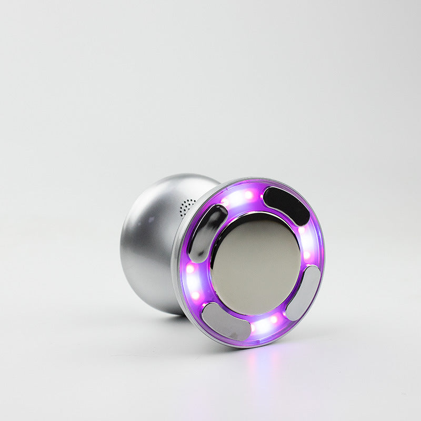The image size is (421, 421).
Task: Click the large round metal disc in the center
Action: pos(256,265)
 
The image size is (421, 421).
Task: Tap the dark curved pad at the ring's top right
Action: pos(286,205)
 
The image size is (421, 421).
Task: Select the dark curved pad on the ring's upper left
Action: pos(208,233)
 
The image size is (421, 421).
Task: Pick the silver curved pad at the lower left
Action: pos(226,322)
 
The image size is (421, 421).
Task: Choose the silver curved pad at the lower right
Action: pos(304,293)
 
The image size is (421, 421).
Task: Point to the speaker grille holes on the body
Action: pos(187,207)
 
